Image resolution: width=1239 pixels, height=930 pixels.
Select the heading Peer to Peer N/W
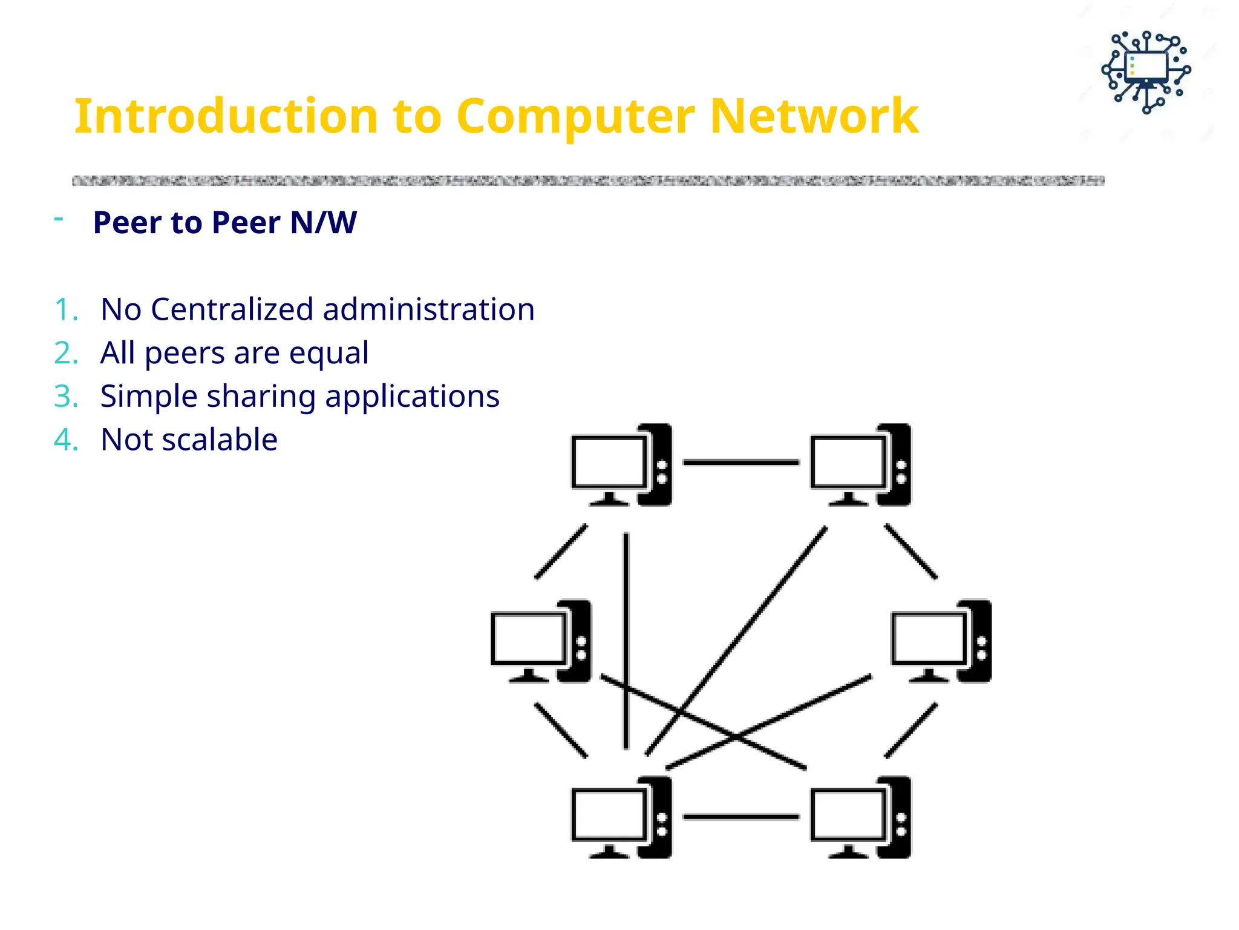[224, 222]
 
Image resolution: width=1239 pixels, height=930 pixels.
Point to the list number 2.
[65, 353]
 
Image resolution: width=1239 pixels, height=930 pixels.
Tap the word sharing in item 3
[261, 397]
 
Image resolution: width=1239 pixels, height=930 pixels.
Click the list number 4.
[65, 440]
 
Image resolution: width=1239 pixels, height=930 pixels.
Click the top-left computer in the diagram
[621, 465]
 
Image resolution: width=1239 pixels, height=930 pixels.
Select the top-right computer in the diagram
[860, 465]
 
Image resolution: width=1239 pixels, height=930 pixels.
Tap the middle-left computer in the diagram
[541, 642]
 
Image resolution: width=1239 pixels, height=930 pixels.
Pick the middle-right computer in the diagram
[941, 642]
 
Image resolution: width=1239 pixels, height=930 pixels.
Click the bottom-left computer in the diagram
[621, 817]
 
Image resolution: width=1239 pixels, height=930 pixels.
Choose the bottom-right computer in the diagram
[860, 817]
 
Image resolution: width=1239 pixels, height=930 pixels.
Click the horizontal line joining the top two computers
[740, 462]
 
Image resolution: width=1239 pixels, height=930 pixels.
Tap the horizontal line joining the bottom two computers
[740, 817]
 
